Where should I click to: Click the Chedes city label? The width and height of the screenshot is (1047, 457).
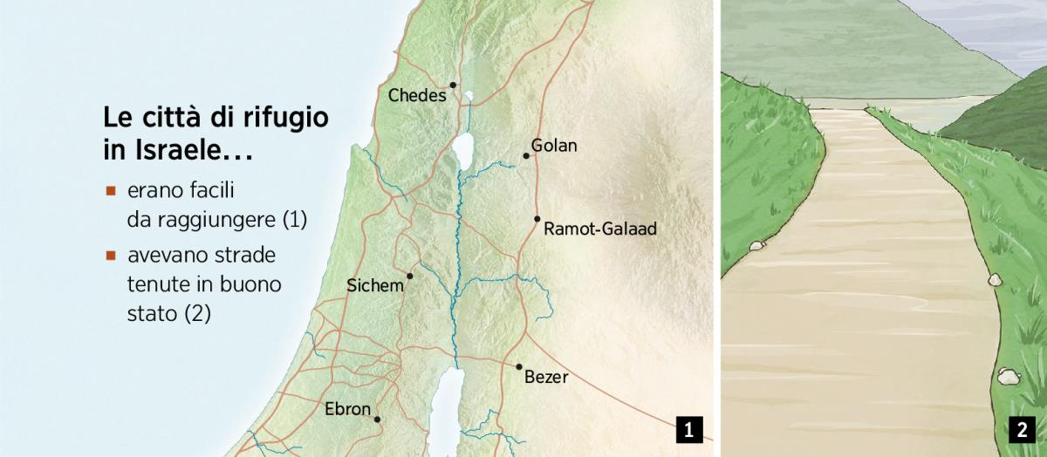click(x=417, y=95)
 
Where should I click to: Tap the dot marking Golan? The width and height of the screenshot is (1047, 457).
click(x=526, y=156)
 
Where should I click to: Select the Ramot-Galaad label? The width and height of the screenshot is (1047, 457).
click(x=599, y=229)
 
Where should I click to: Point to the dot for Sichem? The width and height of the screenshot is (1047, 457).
click(x=409, y=276)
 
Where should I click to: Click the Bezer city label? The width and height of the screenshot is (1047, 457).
click(x=546, y=378)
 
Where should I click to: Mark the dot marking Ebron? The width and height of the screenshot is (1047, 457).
click(x=377, y=419)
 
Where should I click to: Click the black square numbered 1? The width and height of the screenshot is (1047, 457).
click(x=689, y=429)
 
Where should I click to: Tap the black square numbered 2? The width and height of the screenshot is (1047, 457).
click(x=1021, y=429)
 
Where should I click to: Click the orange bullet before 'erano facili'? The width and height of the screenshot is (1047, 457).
click(x=111, y=190)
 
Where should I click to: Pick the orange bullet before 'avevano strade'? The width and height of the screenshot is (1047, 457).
click(x=111, y=256)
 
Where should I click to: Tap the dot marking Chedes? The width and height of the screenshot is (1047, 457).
click(x=454, y=85)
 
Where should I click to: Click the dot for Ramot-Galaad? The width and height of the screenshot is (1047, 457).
click(x=537, y=219)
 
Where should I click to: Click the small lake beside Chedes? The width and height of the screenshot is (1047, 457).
click(x=469, y=97)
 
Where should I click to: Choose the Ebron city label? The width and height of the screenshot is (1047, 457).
click(x=347, y=408)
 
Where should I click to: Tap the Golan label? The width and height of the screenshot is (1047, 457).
click(x=554, y=146)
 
